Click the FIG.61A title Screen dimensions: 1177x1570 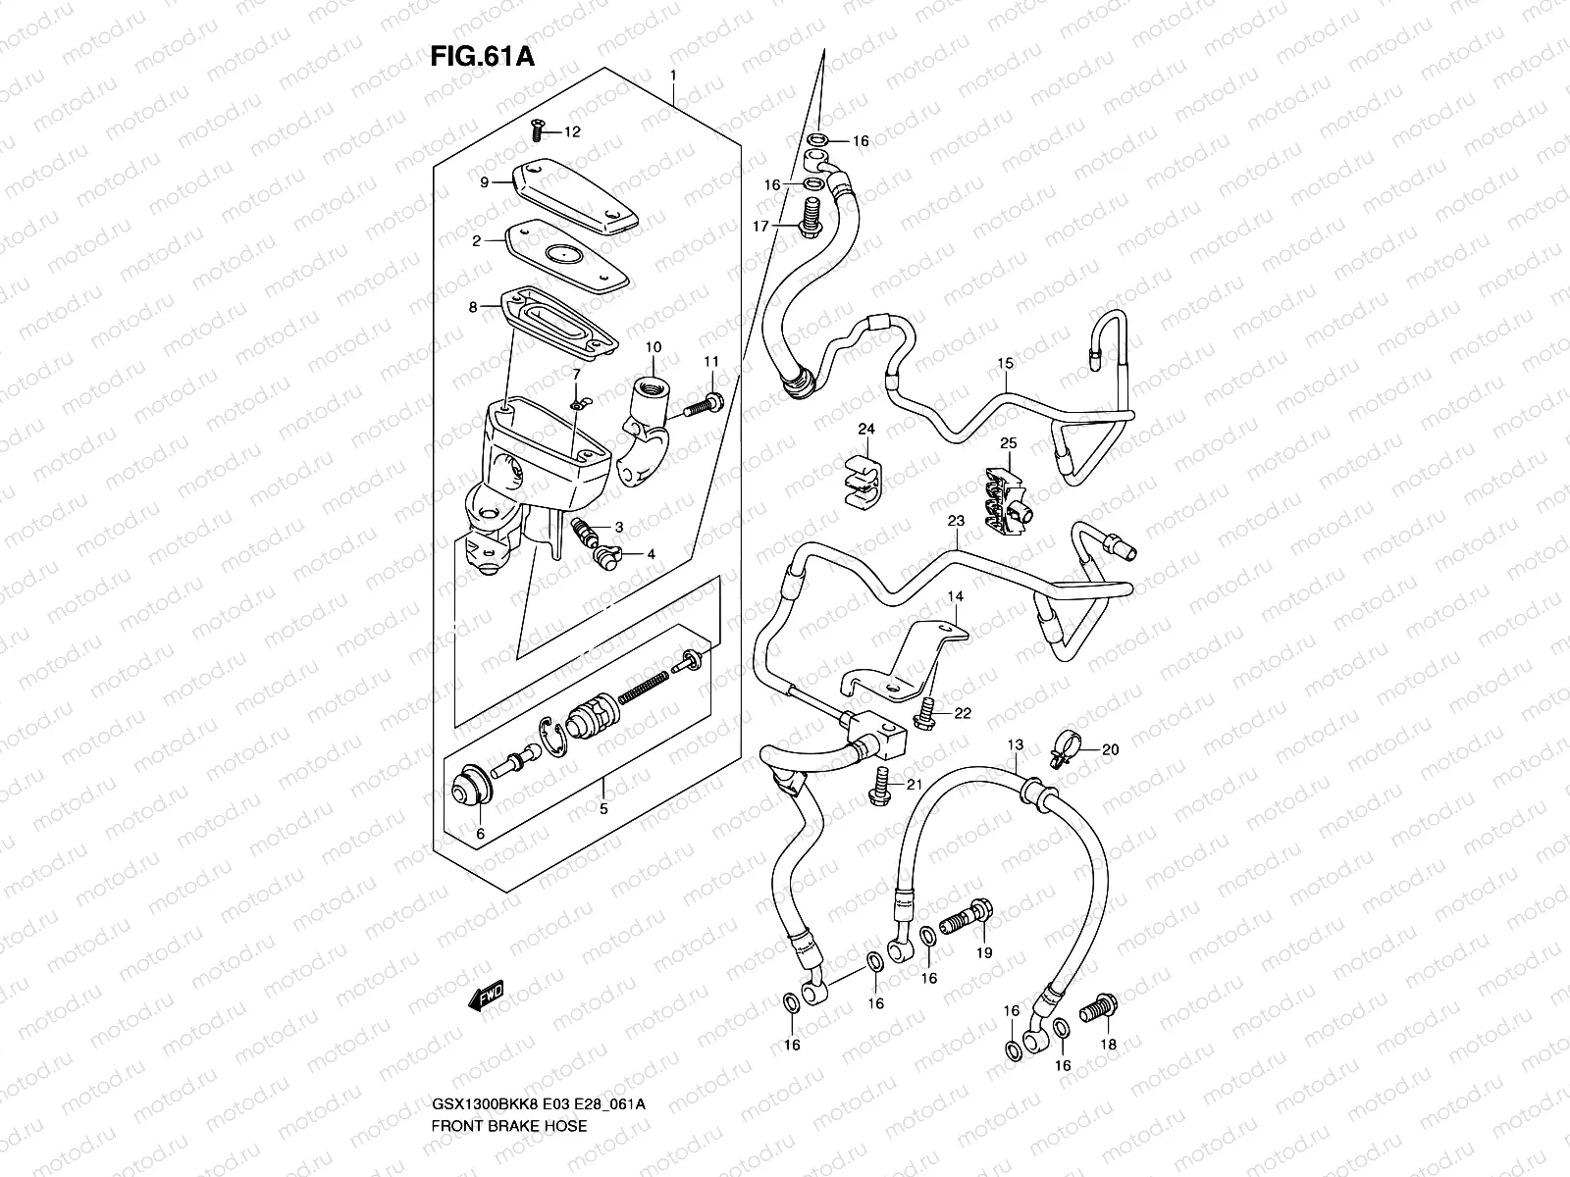click(x=482, y=56)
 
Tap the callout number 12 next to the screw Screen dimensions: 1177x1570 click(x=572, y=131)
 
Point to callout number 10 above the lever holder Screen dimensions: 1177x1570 click(x=654, y=347)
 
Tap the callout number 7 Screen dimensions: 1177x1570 click(x=577, y=374)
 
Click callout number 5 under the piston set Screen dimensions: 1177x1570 click(x=603, y=809)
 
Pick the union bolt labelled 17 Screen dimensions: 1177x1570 click(x=811, y=217)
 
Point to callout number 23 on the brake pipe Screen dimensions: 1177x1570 click(x=957, y=522)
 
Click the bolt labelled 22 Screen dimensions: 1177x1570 click(x=924, y=717)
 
